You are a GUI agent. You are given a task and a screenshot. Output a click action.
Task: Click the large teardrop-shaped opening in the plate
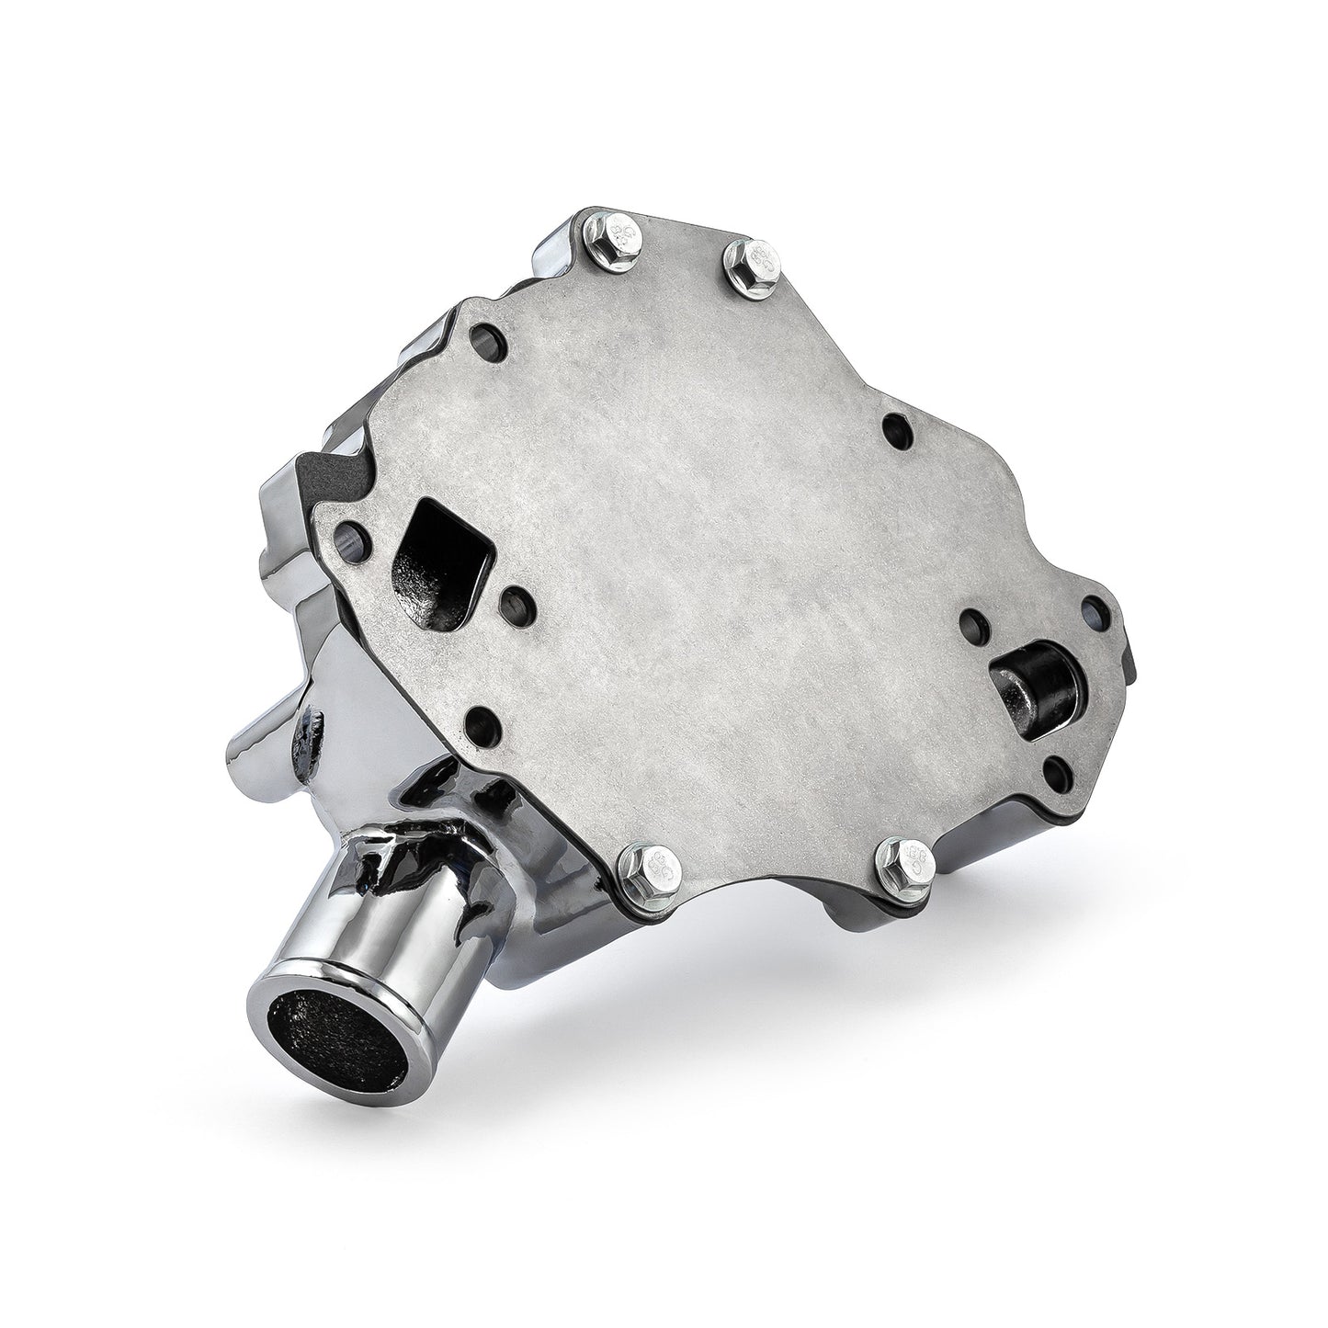[441, 545]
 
